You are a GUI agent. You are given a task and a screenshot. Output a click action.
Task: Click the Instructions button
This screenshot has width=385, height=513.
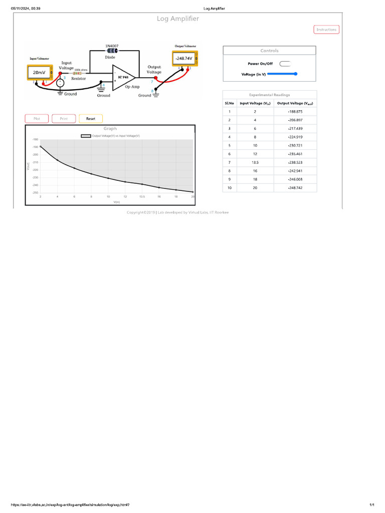326,30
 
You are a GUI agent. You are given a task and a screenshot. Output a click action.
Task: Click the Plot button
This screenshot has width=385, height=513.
37,119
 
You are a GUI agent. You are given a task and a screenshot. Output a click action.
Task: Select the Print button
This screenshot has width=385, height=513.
64,119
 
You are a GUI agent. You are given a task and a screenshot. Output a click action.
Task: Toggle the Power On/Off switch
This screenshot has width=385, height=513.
285,64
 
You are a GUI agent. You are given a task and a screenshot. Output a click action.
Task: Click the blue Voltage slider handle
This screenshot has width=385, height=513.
296,74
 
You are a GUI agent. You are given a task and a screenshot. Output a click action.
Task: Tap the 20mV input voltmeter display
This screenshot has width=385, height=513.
39,73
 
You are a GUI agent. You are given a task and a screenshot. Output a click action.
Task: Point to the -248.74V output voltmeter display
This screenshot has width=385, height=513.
184,59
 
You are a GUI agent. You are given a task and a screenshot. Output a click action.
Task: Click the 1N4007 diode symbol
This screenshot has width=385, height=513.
110,51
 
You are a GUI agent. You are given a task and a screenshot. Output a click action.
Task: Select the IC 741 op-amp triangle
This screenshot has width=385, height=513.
122,78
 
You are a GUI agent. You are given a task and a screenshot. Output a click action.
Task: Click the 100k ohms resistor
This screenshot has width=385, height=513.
78,73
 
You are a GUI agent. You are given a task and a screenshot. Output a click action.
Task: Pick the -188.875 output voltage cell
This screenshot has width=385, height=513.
295,111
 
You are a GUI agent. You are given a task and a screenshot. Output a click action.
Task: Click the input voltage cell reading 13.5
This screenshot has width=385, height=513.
255,162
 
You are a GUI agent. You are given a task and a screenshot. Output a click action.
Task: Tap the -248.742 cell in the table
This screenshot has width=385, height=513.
295,188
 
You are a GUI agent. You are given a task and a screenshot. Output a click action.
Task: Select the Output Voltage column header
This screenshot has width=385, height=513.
295,103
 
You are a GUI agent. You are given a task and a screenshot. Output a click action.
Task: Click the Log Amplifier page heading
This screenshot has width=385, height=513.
178,19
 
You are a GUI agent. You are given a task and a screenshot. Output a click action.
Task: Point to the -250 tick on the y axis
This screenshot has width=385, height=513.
36,193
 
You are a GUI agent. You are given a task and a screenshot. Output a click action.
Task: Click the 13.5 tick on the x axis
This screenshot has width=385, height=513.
142,197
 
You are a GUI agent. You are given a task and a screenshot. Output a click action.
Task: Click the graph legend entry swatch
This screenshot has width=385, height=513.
86,136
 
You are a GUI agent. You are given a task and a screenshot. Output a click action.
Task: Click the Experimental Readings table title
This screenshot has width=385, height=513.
270,95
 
